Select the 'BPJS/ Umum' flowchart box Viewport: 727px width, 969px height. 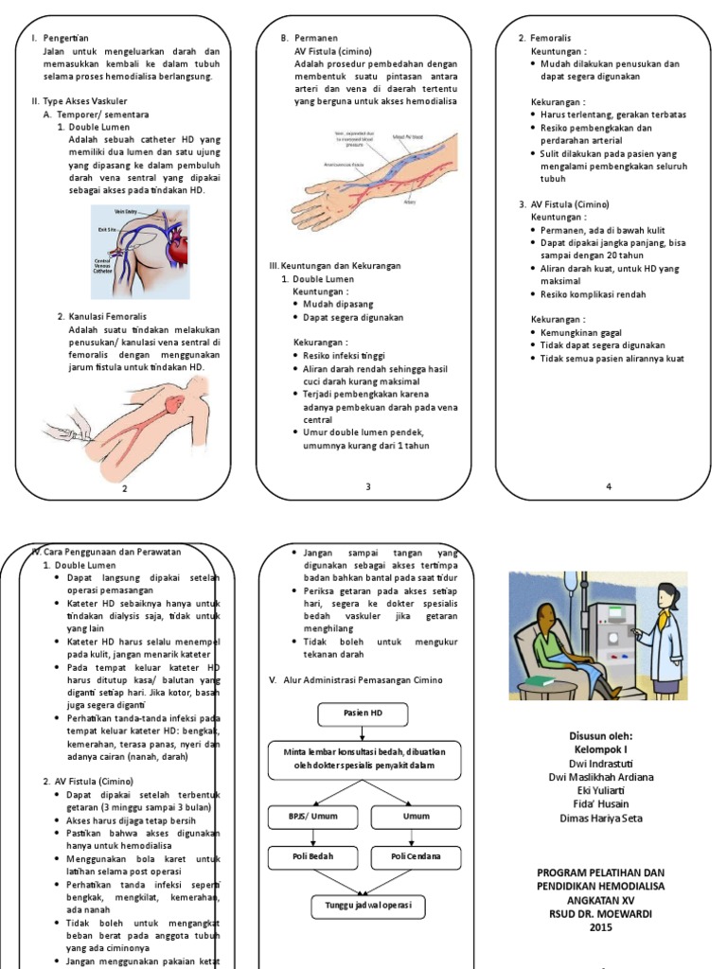coord(311,815)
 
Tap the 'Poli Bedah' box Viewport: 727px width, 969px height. coord(311,857)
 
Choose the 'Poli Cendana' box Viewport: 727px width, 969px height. coord(416,857)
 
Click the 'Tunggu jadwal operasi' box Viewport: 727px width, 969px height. coord(368,907)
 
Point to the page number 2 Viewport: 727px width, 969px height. coord(124,489)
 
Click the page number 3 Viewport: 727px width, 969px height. coord(368,486)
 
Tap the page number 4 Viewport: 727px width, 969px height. coord(610,486)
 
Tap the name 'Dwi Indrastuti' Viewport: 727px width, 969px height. coord(601,764)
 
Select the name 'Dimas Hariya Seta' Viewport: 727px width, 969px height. coord(601,818)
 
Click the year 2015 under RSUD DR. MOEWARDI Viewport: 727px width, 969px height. coord(601,928)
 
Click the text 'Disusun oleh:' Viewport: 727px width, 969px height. coord(601,735)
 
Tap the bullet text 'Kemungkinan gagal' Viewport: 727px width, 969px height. coord(581,333)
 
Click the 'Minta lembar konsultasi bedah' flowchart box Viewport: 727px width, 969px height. coord(364,758)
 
